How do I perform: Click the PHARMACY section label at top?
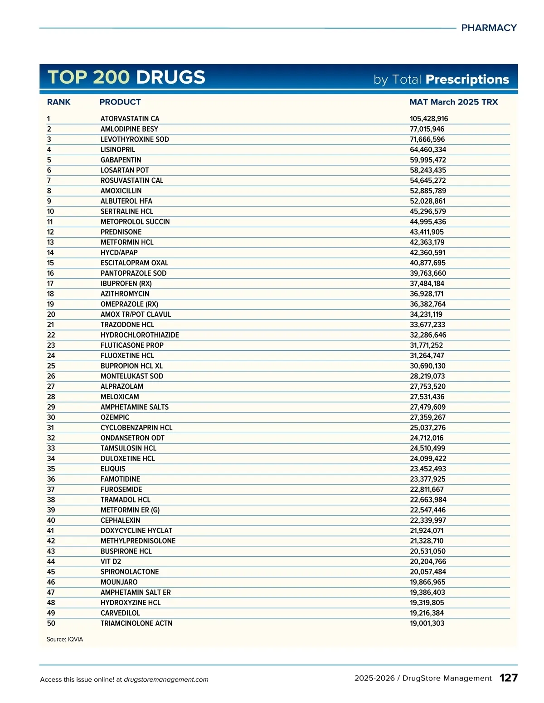(x=489, y=28)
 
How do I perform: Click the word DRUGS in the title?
(x=170, y=77)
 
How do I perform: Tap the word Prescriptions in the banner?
(x=467, y=80)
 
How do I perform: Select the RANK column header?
(x=59, y=102)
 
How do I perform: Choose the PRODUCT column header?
(x=120, y=102)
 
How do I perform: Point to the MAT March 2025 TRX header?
(x=453, y=102)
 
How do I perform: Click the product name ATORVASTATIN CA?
(x=130, y=119)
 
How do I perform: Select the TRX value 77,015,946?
(x=427, y=129)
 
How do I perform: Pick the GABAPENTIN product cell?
(x=121, y=160)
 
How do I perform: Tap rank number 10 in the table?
(x=50, y=211)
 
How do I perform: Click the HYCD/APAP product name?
(x=119, y=253)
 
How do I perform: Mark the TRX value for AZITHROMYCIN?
(x=427, y=294)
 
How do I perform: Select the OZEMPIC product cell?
(x=115, y=417)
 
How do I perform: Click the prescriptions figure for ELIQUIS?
(x=427, y=469)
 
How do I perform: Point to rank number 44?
(x=51, y=562)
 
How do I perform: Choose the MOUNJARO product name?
(x=119, y=582)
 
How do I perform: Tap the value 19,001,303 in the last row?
(x=427, y=623)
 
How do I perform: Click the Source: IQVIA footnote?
(x=65, y=640)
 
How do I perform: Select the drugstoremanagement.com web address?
(x=166, y=679)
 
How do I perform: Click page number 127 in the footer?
(x=508, y=678)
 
